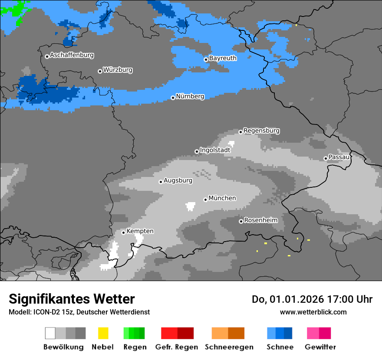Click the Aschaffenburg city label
(72, 55)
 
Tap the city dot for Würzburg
(100, 71)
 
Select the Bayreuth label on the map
(223, 58)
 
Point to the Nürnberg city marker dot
(173, 98)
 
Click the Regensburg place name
(261, 131)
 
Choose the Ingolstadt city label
(215, 150)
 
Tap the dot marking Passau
(326, 158)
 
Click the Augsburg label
(178, 180)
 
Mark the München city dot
(205, 200)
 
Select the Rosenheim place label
(260, 220)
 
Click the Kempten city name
(140, 231)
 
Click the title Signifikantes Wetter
(72, 299)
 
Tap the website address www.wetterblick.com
(313, 312)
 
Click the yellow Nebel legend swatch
(103, 333)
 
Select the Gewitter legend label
(320, 347)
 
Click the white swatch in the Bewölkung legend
(50, 333)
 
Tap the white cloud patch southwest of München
(190, 206)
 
